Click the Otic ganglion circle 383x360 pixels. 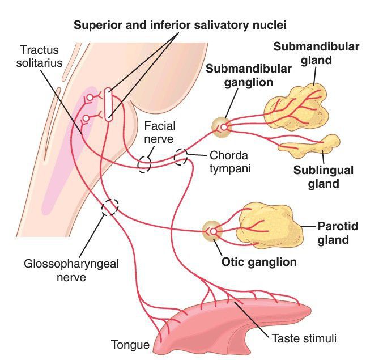(x=212, y=231)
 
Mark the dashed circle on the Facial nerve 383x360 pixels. (x=144, y=164)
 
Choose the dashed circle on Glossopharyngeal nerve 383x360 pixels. (x=109, y=207)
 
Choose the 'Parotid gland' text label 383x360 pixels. (x=338, y=233)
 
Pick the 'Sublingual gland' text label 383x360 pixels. (x=324, y=176)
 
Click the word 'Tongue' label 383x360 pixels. (x=130, y=344)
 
